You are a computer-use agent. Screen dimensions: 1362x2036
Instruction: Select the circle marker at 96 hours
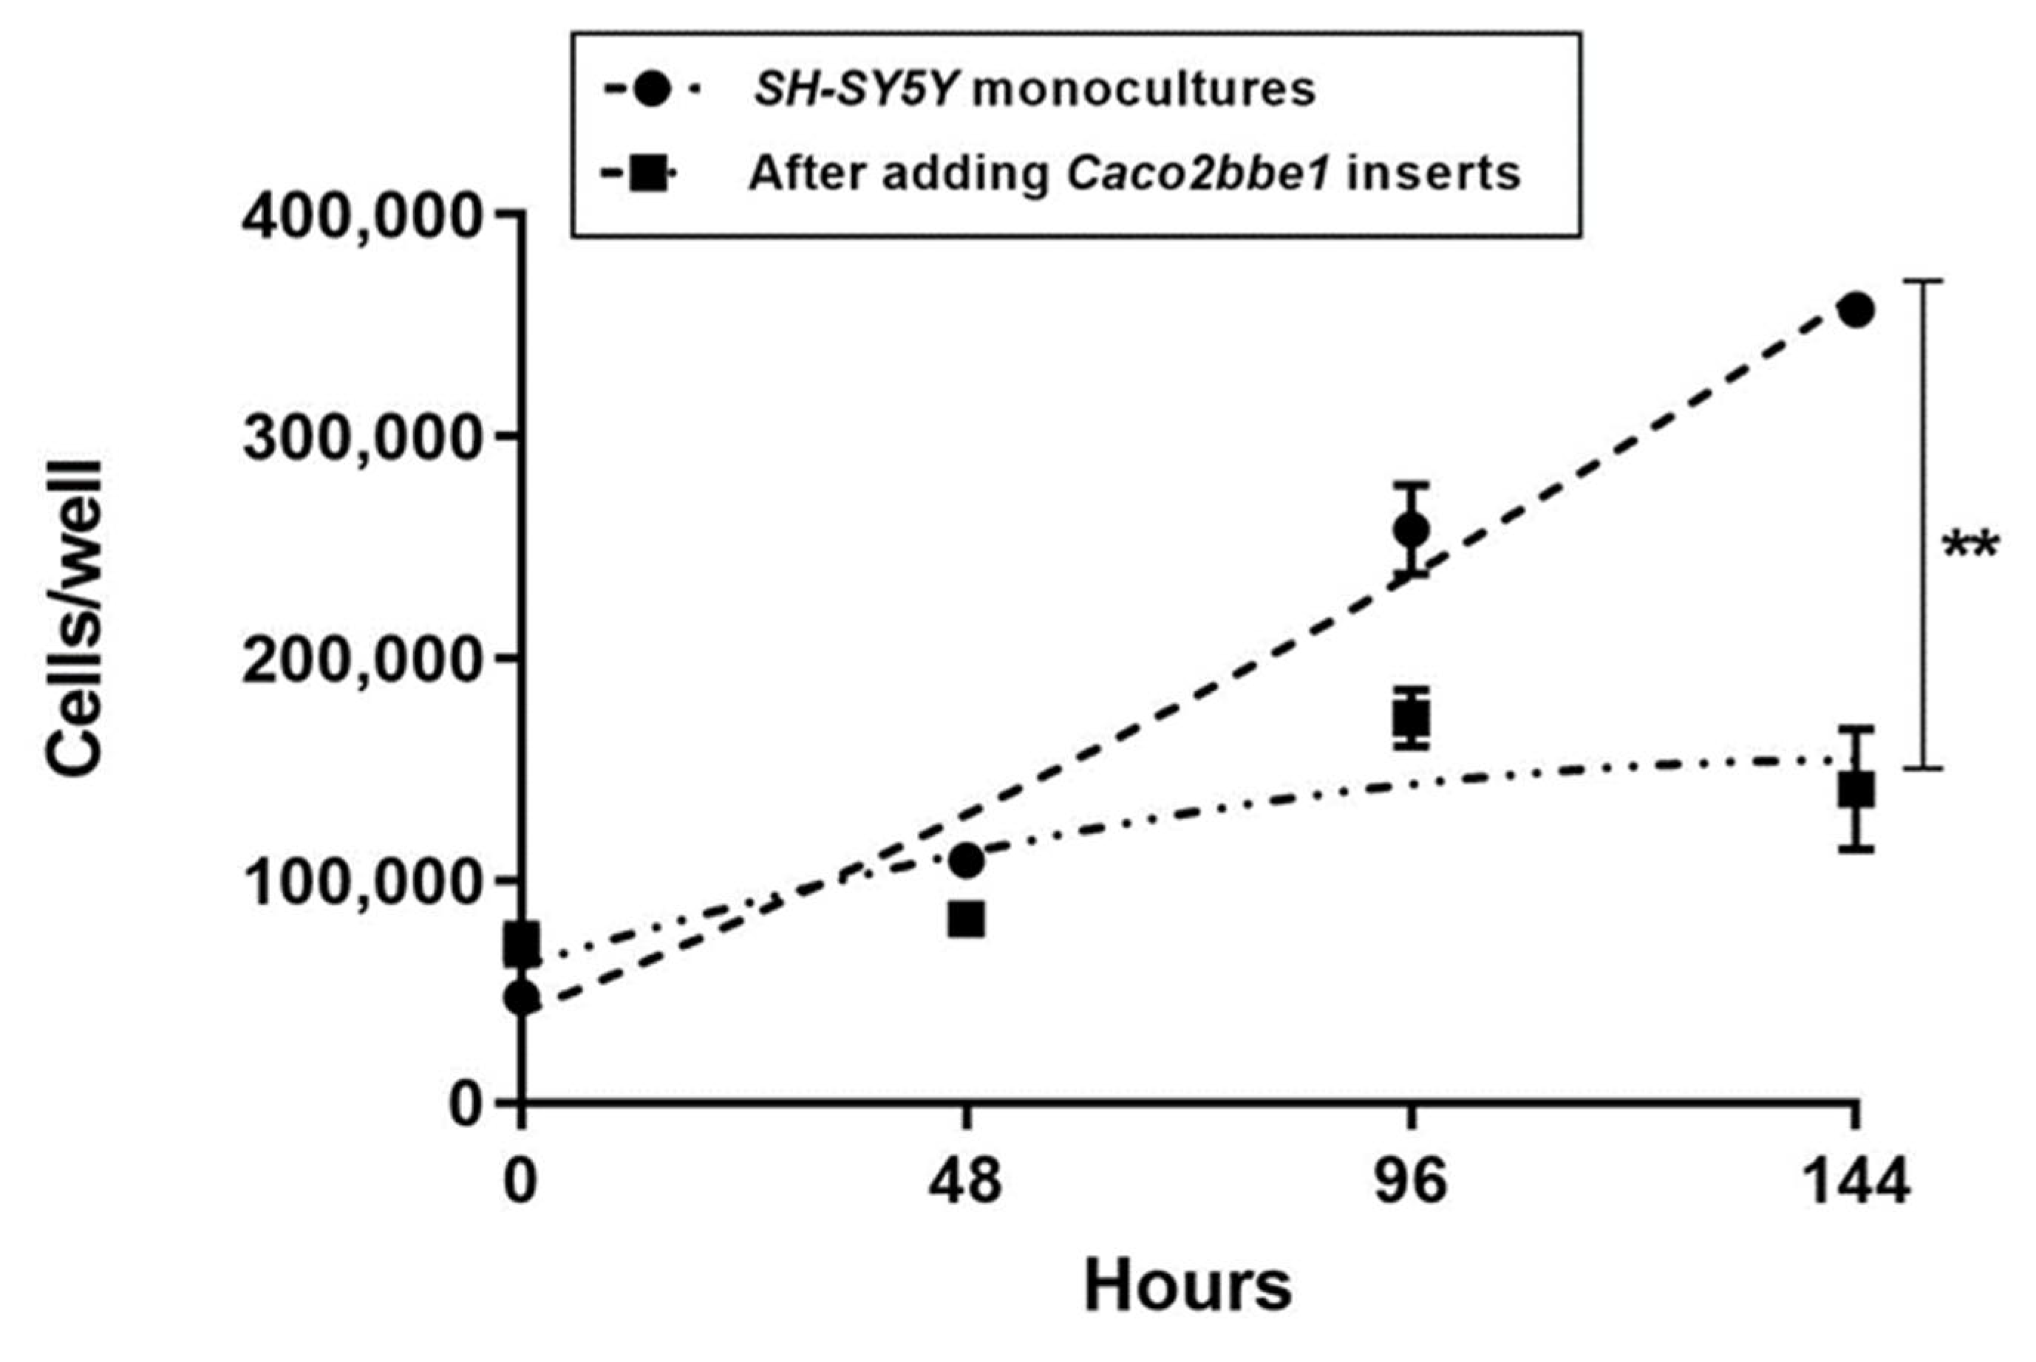(x=1410, y=530)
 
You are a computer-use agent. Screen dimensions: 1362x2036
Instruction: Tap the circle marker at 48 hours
(x=967, y=860)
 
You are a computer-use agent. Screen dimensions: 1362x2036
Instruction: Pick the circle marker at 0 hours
(x=522, y=997)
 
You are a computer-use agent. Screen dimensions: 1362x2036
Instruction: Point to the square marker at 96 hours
(x=1410, y=717)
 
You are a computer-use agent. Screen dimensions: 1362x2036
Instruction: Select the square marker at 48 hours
(x=967, y=919)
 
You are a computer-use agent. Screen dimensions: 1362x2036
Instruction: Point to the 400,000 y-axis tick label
(x=361, y=216)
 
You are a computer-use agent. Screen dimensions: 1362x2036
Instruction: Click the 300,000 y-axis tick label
(x=361, y=439)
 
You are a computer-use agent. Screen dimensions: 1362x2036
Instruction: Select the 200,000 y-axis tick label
(x=361, y=661)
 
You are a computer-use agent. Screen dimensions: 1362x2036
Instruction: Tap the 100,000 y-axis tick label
(x=361, y=883)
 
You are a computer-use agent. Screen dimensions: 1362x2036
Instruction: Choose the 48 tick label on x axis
(x=965, y=1183)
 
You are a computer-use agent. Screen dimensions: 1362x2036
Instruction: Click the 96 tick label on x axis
(x=1410, y=1183)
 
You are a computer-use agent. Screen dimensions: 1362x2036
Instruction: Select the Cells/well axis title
(x=75, y=617)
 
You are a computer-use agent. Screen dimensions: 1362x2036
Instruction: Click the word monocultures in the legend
(x=1143, y=90)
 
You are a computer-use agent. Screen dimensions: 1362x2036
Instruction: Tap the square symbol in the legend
(x=647, y=174)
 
